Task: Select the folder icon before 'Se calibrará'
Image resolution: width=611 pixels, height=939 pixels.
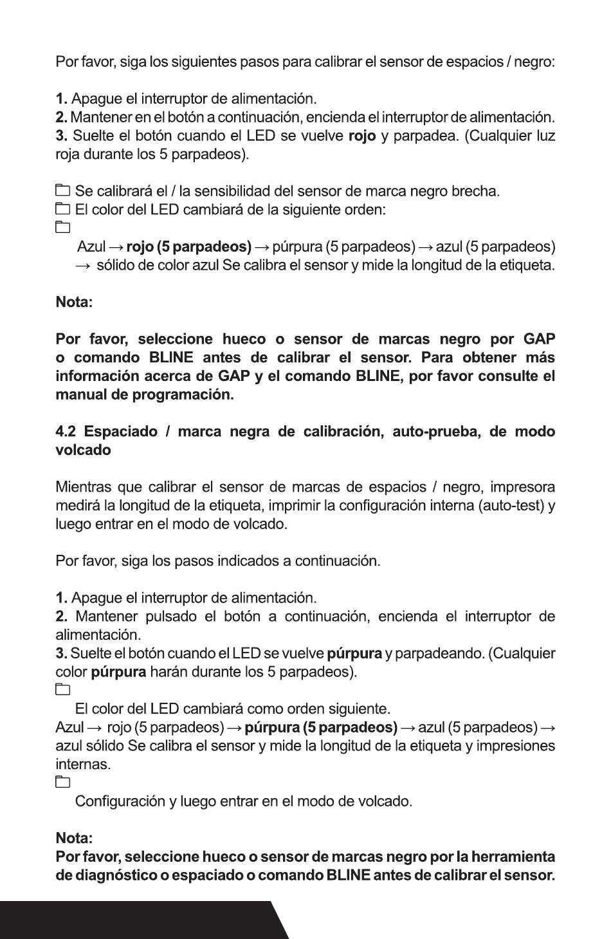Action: click(x=62, y=191)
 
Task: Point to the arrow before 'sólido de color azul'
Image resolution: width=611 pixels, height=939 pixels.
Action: click(x=84, y=265)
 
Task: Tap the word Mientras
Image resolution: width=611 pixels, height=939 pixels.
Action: click(x=84, y=487)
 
